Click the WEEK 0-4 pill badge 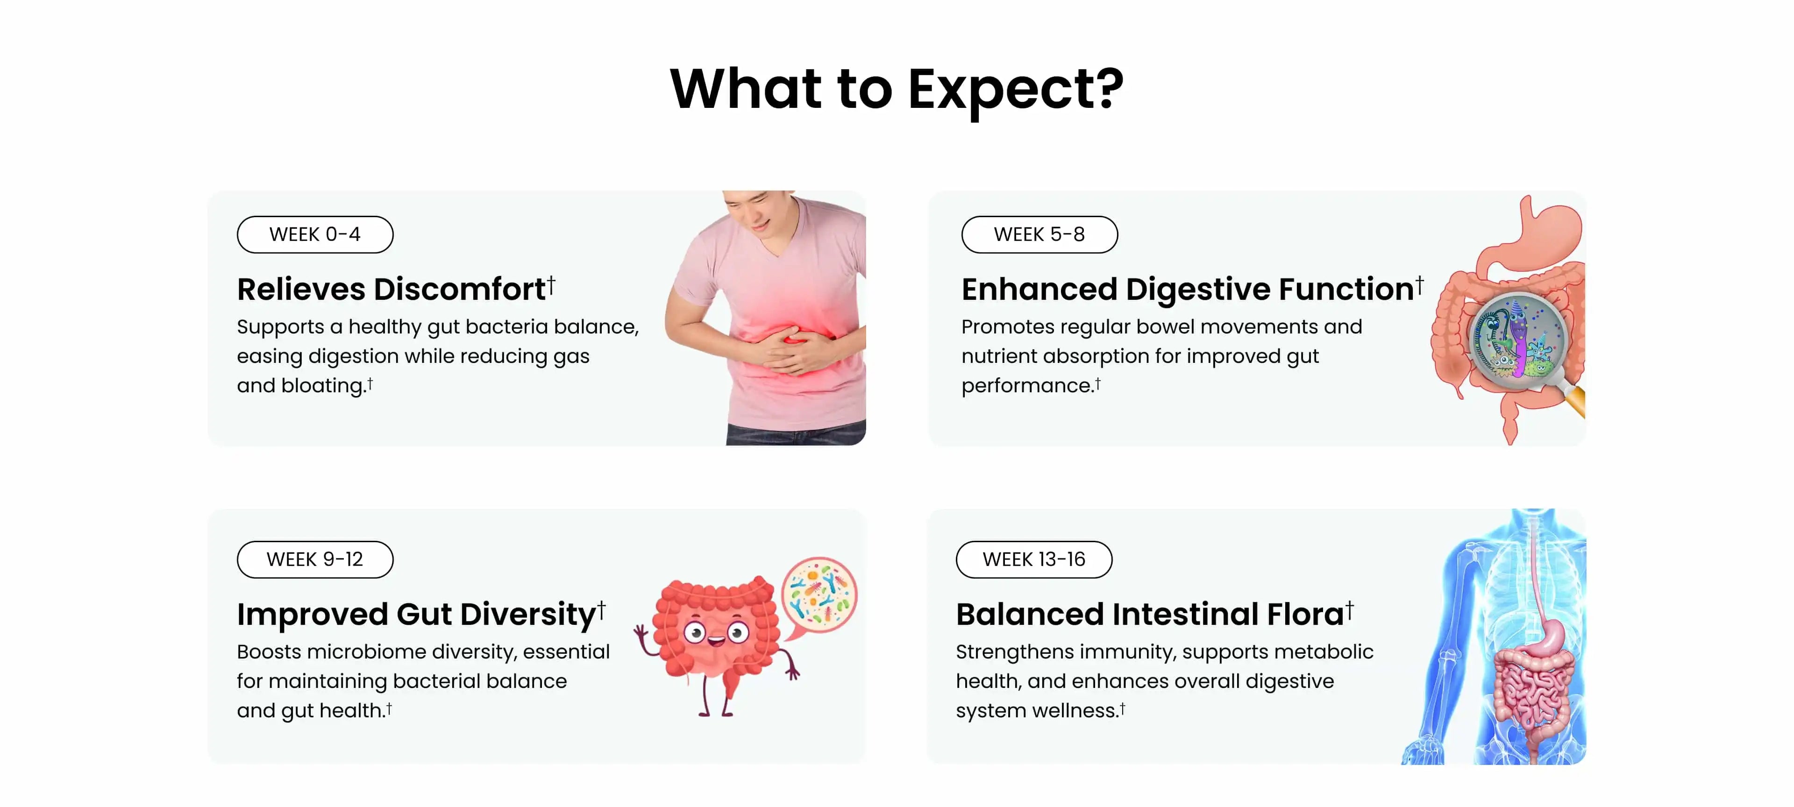point(315,234)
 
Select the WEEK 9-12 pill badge point(315,559)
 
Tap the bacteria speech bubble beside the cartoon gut point(819,596)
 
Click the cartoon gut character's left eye point(694,633)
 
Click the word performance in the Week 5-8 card point(1026,386)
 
